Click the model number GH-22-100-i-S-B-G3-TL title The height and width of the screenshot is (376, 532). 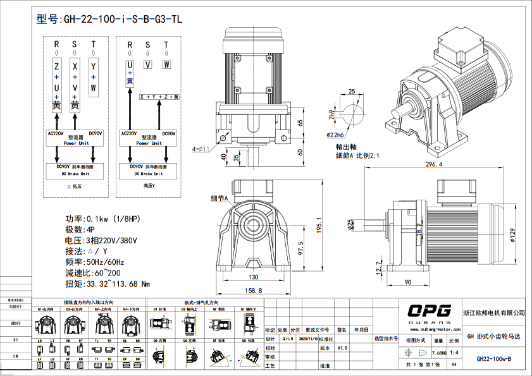point(110,19)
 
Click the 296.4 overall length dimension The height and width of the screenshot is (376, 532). point(433,164)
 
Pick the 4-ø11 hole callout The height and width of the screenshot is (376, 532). point(201,149)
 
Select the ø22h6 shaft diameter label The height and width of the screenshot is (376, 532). point(335,135)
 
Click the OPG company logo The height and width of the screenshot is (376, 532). point(429,311)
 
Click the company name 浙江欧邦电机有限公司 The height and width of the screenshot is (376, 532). point(494,313)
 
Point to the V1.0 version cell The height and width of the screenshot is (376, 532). point(342,348)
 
